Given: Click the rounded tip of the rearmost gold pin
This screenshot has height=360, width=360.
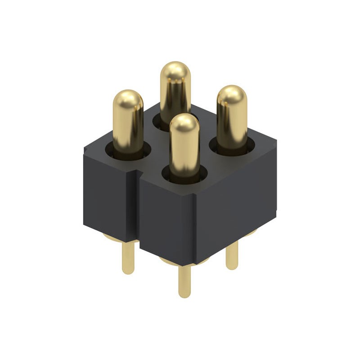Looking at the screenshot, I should click(175, 71).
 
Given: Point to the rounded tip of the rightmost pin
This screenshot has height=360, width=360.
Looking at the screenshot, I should click(232, 94).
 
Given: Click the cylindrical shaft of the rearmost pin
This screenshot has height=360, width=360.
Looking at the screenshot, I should click(175, 97).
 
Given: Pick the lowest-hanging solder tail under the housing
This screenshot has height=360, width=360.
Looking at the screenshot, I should click(184, 281).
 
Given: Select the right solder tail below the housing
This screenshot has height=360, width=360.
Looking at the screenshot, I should click(232, 256).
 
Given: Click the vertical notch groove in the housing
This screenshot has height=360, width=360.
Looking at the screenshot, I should click(135, 202).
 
